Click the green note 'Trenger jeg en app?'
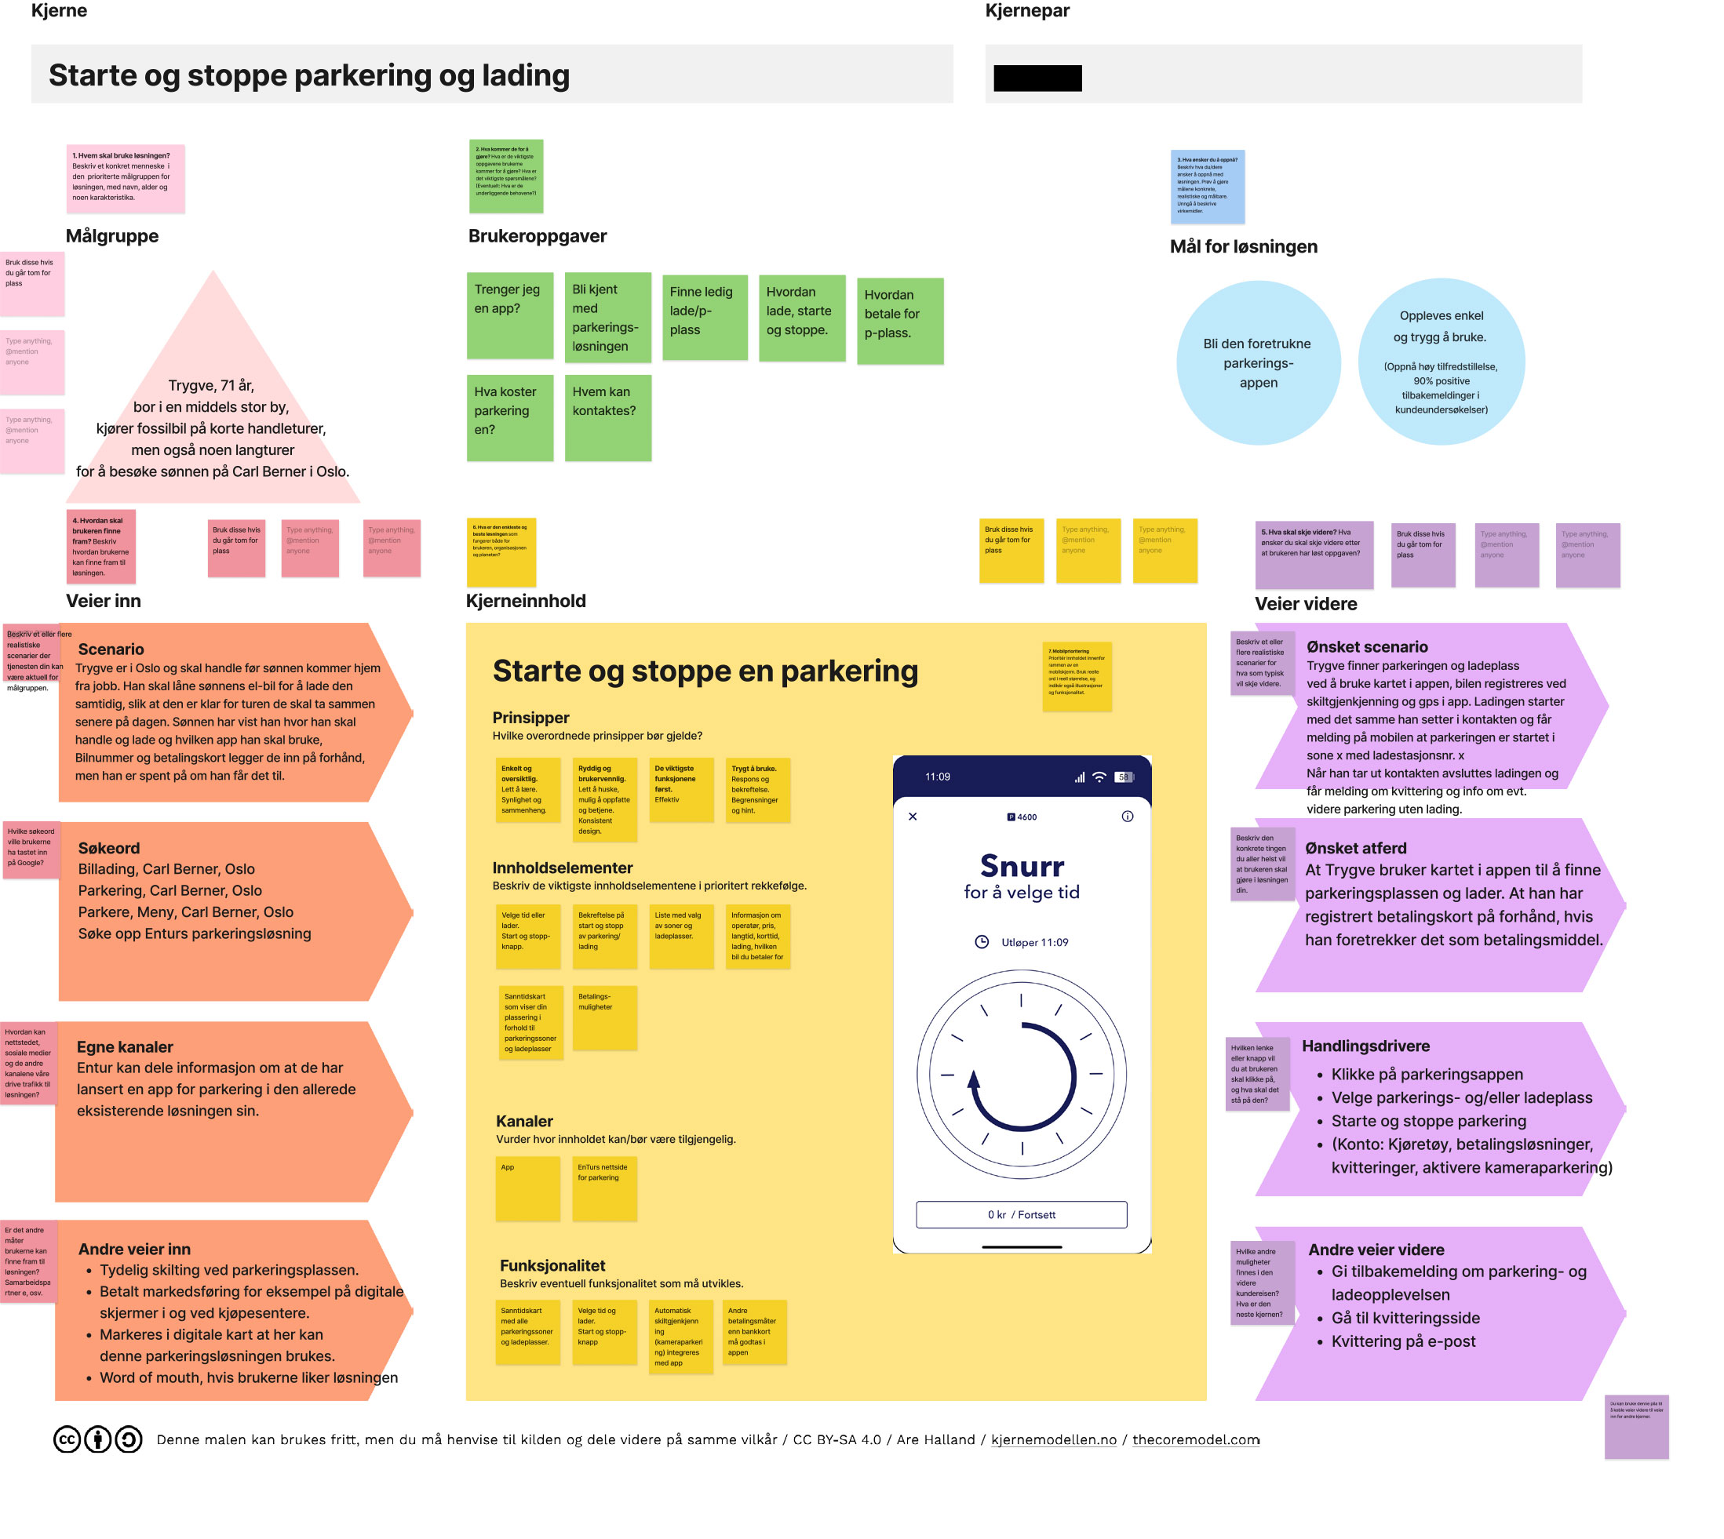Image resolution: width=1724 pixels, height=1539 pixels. (509, 315)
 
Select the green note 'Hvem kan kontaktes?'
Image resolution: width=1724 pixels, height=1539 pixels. (607, 417)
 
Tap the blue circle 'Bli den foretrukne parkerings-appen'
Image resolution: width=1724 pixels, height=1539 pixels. (1258, 362)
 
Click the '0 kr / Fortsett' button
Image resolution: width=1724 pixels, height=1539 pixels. (1021, 1214)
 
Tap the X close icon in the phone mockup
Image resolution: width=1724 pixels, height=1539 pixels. (912, 816)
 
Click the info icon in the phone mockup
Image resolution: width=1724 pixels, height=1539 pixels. (1127, 816)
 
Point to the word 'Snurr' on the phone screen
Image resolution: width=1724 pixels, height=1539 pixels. (1021, 865)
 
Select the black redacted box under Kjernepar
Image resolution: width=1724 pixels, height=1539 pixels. (1037, 78)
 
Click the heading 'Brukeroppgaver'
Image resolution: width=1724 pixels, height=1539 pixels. (538, 236)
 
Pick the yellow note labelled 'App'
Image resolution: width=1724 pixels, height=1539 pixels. (527, 1188)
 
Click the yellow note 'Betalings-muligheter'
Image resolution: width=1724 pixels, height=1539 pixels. (604, 1017)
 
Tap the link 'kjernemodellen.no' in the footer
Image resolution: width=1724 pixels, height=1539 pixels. (1053, 1439)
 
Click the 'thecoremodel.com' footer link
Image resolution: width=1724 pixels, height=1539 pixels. (1195, 1439)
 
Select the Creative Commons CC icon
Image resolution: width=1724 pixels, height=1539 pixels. (67, 1439)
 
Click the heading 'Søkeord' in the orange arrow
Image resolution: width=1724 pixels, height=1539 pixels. (108, 847)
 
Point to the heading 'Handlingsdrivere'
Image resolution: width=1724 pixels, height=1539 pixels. (1365, 1045)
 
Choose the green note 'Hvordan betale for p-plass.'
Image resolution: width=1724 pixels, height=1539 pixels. (899, 321)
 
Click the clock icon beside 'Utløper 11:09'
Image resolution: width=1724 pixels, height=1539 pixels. (982, 942)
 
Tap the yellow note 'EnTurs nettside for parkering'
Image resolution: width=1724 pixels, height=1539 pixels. (604, 1188)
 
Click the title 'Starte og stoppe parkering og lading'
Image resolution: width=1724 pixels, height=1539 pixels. (308, 75)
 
